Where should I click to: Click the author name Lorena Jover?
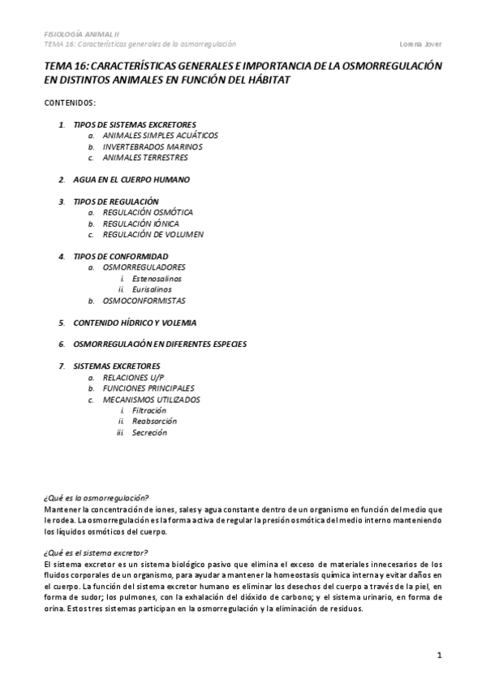click(421, 44)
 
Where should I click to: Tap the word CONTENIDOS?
click(71, 103)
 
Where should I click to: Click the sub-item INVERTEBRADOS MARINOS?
click(153, 147)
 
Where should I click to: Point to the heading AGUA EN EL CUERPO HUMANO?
click(131, 180)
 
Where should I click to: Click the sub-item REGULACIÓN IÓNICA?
click(141, 223)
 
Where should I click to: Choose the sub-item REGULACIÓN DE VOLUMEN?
click(153, 234)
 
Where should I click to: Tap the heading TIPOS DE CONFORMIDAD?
click(120, 256)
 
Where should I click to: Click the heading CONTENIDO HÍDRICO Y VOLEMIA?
click(135, 322)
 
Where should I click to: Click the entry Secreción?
click(149, 433)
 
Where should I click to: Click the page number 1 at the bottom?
click(439, 655)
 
